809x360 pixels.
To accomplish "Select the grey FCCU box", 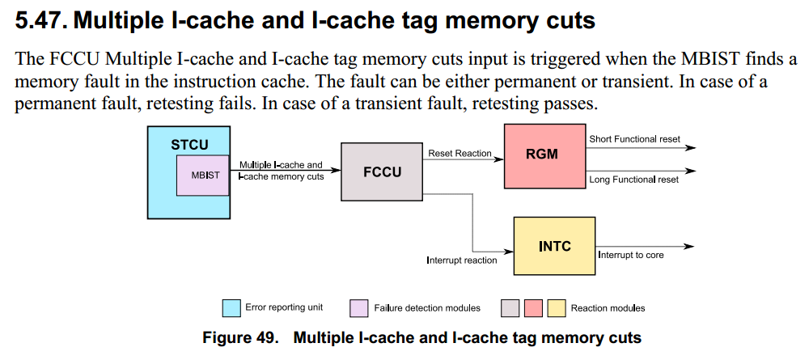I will click(382, 172).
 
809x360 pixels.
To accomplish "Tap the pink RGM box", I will click(542, 155).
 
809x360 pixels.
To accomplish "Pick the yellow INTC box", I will click(554, 246).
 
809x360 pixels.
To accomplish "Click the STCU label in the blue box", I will click(189, 146).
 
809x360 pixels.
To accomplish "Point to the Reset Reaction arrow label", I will click(460, 153).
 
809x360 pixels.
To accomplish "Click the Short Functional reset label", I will click(633, 139).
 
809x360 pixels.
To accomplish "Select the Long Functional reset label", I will click(633, 180).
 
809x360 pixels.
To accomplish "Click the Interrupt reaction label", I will click(462, 260).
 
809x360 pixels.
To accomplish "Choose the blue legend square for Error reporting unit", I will click(231, 308).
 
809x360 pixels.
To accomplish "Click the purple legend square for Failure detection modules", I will click(359, 308).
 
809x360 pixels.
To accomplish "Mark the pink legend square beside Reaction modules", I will click(532, 308).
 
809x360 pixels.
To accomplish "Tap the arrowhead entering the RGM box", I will click(499, 159).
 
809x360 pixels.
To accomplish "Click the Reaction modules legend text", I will click(608, 308).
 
